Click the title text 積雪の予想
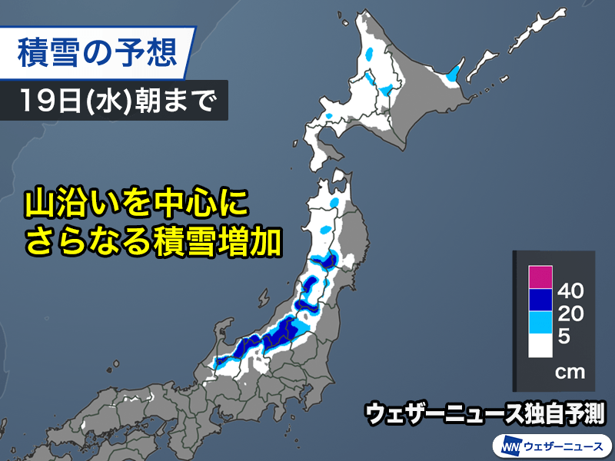(x=96, y=53)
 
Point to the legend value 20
(x=572, y=313)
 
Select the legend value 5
(x=564, y=336)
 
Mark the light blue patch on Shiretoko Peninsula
(x=454, y=75)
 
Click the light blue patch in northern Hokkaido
(x=371, y=55)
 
